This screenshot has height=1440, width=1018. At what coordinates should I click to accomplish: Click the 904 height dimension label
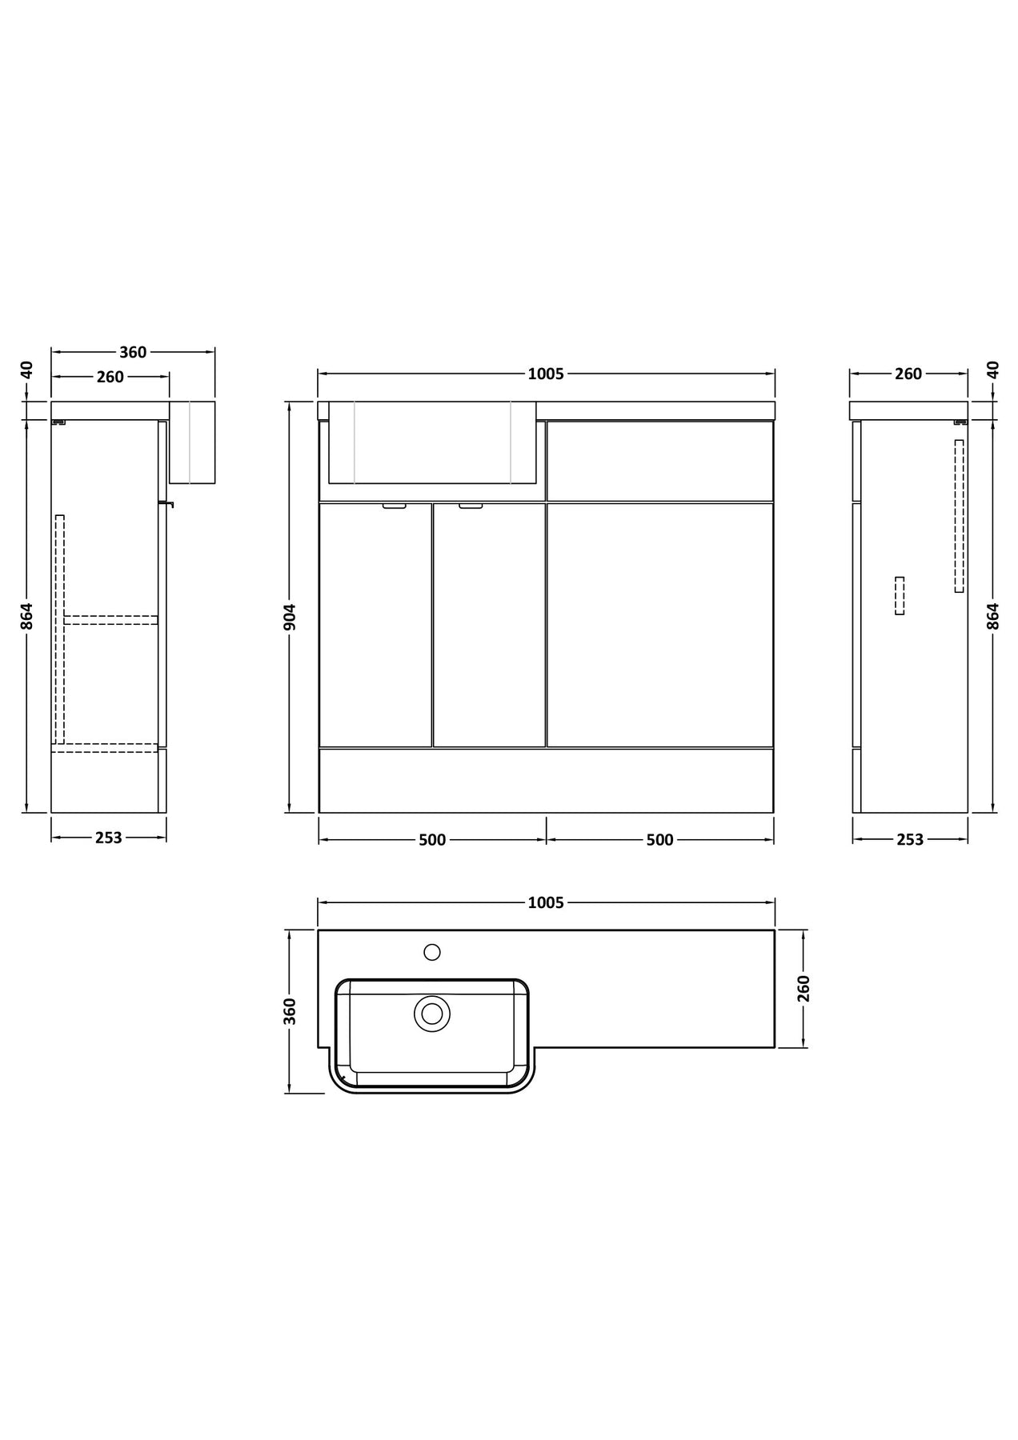click(291, 617)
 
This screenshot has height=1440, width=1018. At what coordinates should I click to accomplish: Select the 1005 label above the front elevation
click(546, 374)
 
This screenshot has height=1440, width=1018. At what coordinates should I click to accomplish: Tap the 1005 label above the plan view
click(546, 902)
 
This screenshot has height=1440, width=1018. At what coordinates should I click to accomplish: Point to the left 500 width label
click(432, 840)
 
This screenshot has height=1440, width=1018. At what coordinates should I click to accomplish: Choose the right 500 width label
click(659, 840)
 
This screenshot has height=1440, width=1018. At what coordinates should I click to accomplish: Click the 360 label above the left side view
click(133, 352)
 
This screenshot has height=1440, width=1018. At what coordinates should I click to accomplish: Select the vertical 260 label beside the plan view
click(804, 988)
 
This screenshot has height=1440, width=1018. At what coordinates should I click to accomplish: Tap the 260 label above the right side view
click(908, 374)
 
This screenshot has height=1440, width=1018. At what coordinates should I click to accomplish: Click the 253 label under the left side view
click(109, 838)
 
